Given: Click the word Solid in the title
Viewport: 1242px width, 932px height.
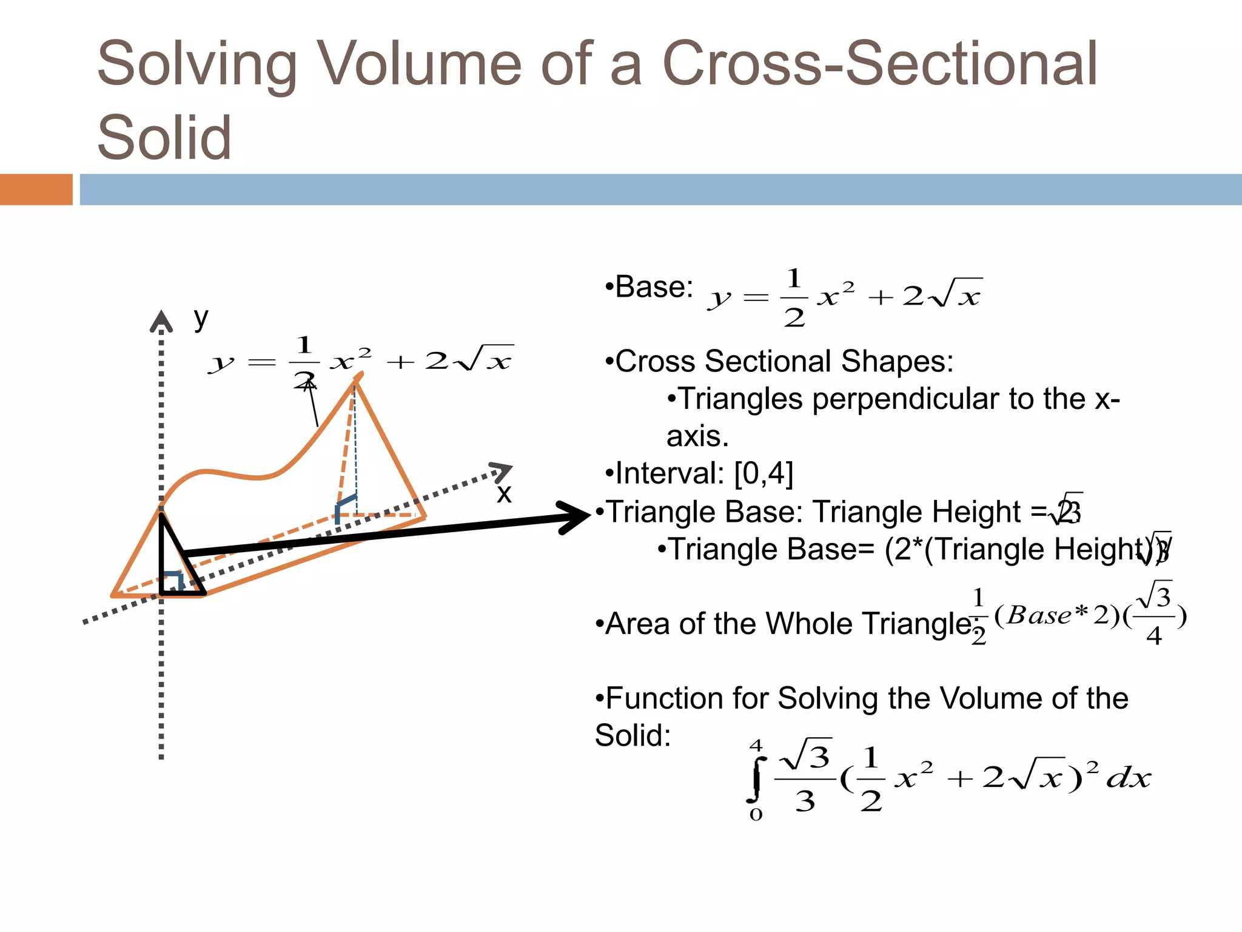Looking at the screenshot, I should coord(164,138).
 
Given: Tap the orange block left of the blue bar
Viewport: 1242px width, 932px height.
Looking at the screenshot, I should coord(36,189).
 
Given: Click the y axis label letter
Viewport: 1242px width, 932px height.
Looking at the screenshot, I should coord(201,318).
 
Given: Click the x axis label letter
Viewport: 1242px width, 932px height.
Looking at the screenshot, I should coord(503,493).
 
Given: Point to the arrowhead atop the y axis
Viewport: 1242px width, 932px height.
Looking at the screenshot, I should coord(161,322).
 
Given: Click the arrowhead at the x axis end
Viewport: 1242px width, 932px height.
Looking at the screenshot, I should coord(502,472).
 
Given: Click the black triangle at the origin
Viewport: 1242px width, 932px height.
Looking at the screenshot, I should coord(176,564).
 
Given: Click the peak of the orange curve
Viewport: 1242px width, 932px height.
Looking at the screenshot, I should coord(357,379).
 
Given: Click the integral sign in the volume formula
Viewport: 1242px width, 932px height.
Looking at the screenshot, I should coord(756,779).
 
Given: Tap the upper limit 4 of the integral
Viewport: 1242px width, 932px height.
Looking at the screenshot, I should coord(756,746).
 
